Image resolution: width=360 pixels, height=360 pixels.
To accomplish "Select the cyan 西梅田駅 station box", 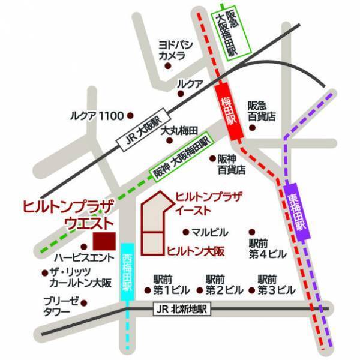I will (127, 272).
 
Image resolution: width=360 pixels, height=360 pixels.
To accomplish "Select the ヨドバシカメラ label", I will (173, 50).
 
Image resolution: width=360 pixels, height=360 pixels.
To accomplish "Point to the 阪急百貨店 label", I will (262, 111).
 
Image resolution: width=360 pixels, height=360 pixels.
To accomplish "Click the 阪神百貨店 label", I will (230, 164).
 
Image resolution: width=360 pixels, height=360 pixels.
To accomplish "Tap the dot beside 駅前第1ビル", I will (148, 290).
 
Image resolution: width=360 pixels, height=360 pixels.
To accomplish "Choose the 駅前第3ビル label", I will (276, 284).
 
